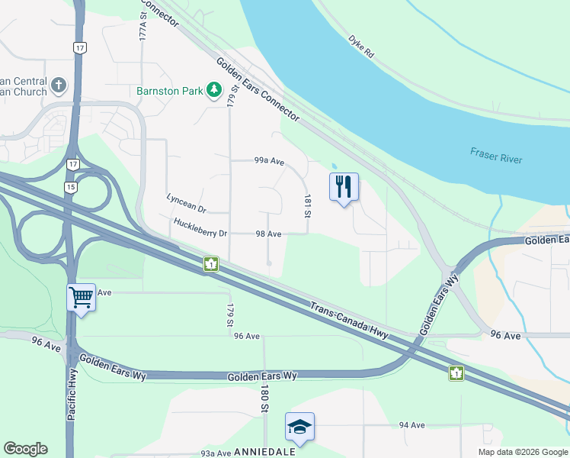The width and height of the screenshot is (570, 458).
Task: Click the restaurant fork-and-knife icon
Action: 344,185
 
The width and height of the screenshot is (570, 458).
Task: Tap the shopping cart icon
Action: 81,297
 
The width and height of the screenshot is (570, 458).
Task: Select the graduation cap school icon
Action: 299,427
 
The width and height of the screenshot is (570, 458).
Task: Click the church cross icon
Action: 59,83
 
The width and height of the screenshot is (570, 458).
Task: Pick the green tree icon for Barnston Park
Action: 215,91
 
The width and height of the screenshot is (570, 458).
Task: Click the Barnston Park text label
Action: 169,91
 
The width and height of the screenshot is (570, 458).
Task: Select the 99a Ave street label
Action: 269,161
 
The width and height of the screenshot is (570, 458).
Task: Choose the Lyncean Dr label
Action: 187,203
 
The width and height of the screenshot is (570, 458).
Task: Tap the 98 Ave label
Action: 270,234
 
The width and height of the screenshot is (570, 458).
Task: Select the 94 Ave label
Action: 411,425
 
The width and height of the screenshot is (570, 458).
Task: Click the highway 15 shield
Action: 71,187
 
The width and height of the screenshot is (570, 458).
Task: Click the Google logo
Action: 25,449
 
